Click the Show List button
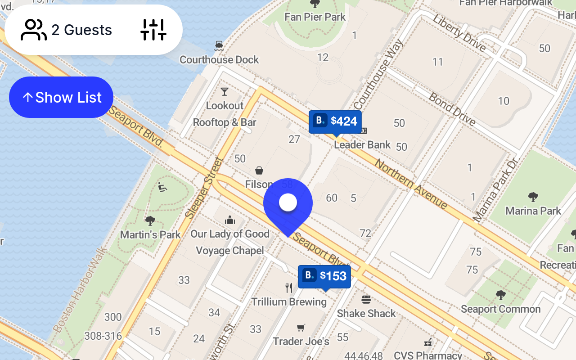coord(61,97)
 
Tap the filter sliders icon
coord(153,30)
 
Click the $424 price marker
coord(335,121)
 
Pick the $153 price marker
coord(324,275)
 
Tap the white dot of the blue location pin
coord(288,202)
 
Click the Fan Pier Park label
coord(315,17)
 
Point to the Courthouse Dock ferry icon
coord(219,45)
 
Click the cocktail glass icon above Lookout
coord(225,92)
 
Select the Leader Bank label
coord(362,145)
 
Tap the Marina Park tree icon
coord(533,197)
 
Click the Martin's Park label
coord(150,234)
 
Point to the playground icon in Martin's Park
coord(162,187)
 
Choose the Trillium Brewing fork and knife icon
coord(289,288)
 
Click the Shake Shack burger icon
coord(366,299)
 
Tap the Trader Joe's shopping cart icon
coord(301,328)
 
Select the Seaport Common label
coord(500,309)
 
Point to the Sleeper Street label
coord(205,188)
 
